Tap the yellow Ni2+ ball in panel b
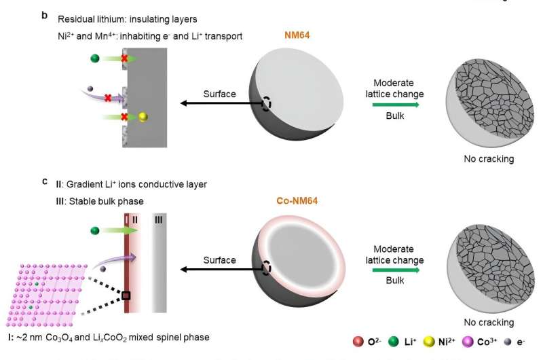click(143, 118)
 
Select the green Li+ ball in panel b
click(94, 59)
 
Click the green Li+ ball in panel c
click(94, 232)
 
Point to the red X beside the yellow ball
click(124, 117)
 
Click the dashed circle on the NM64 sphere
click(267, 104)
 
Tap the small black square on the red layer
click(126, 295)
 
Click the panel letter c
click(44, 182)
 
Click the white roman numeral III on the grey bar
click(158, 220)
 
